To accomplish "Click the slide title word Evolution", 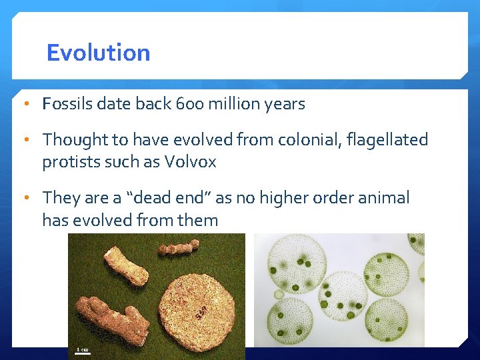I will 98,53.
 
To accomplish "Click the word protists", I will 69,162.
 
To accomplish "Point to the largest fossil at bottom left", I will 110,317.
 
